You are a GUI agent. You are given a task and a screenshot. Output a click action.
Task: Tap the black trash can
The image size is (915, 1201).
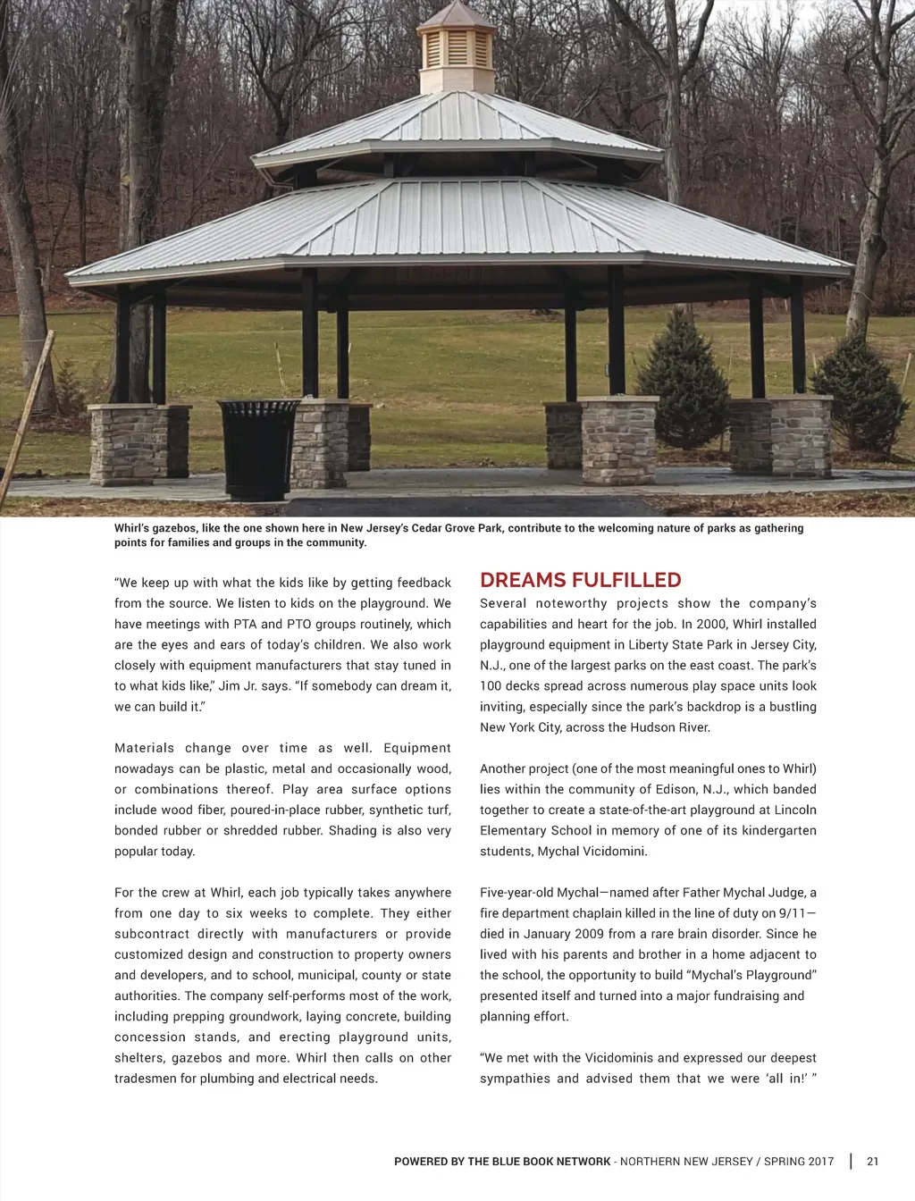[260, 448]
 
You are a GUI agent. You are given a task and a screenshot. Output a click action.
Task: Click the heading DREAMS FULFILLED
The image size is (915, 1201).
[580, 580]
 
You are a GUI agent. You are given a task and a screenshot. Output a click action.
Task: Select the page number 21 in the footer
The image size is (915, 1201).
[873, 1162]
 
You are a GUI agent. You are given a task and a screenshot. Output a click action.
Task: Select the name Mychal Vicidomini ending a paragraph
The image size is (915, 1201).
[591, 852]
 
